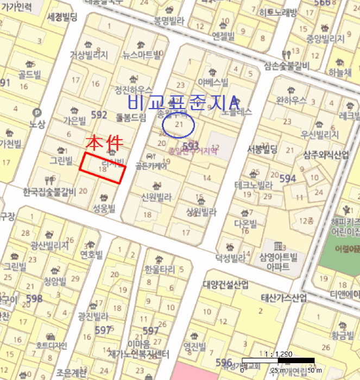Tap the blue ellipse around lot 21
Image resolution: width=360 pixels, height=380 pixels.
[179, 126]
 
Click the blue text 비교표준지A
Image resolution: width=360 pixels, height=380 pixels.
[182, 102]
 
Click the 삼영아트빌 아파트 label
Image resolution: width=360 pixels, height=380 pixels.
[278, 262]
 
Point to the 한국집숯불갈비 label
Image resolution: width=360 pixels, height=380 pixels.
[49, 191]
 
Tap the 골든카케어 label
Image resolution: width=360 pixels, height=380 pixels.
[151, 166]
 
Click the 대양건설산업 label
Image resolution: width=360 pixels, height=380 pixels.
[226, 284]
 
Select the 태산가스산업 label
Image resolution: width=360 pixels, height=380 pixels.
[284, 298]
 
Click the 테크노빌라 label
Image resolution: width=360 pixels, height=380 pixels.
[253, 185]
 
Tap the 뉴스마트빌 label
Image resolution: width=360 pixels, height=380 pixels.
[142, 54]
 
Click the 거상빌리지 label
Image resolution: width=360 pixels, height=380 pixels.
[89, 55]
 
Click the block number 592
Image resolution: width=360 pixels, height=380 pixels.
[99, 114]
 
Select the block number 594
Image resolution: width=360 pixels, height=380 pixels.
[288, 178]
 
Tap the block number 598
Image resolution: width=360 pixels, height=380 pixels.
[34, 299]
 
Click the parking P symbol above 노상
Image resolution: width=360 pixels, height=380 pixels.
[37, 113]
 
